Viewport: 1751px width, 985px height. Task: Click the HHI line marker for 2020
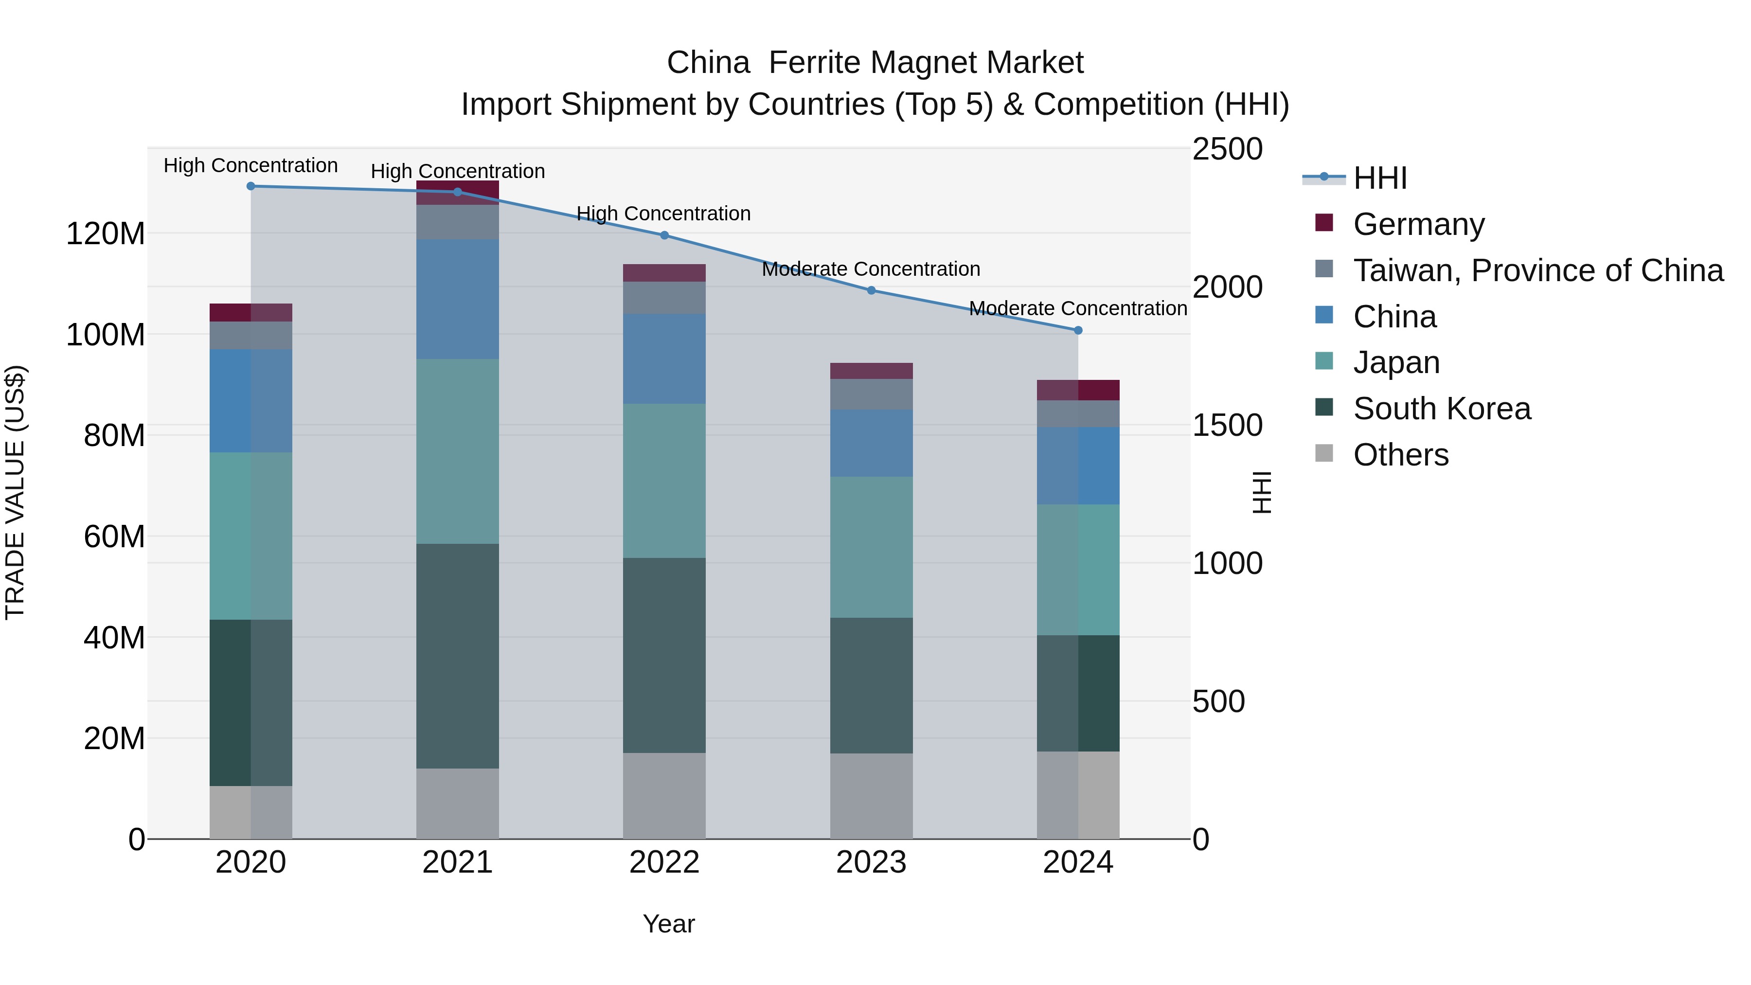pos(251,186)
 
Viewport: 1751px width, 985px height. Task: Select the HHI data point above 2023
pos(872,290)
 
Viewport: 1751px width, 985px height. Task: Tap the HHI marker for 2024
pos(1078,330)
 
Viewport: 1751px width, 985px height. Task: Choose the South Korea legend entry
pos(1441,409)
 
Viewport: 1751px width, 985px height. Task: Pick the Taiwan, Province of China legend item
pos(1537,270)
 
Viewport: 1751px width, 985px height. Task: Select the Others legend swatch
pos(1324,453)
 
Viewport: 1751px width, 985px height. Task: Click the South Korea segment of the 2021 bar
pos(458,656)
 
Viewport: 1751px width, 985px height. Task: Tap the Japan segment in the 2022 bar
pos(664,481)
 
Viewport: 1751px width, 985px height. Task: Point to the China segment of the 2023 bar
pos(872,443)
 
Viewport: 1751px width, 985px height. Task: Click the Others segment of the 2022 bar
pos(664,795)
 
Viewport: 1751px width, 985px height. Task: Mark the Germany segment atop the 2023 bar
pos(872,371)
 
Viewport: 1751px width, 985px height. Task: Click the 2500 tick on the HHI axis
pos(1228,149)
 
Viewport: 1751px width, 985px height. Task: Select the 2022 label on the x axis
pos(664,862)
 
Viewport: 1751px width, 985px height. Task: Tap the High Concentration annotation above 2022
pos(663,214)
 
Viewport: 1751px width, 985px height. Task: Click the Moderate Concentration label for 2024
pos(1077,308)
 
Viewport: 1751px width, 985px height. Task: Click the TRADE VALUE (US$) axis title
pos(15,492)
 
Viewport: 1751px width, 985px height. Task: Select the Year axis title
pos(669,924)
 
